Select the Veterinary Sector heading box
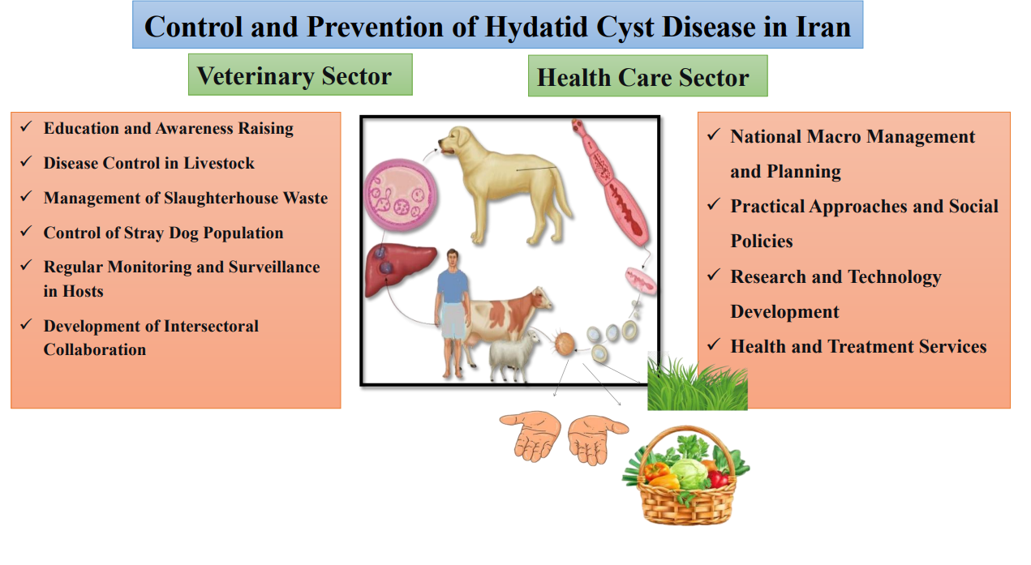click(300, 75)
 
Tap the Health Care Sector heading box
click(647, 76)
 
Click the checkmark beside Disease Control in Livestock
click(26, 161)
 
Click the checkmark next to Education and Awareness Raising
click(26, 126)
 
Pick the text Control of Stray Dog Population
click(163, 233)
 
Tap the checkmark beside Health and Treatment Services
click(713, 345)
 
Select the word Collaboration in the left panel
click(95, 349)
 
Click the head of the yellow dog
click(455, 140)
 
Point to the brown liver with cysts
click(400, 269)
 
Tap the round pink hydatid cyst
click(401, 195)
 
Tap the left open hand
click(532, 434)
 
